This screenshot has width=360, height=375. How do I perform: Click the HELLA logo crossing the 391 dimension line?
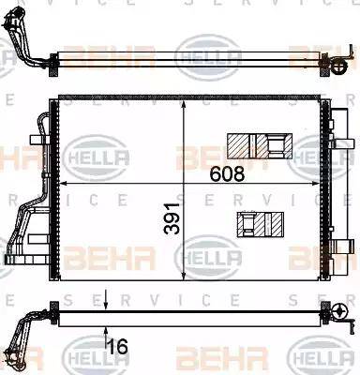point(209,255)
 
